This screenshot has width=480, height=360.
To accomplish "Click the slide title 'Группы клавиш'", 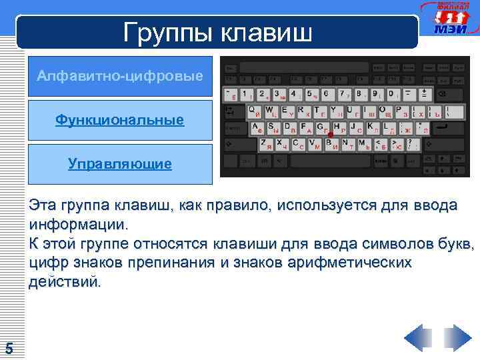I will [x=217, y=32].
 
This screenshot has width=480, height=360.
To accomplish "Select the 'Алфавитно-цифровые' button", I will [x=120, y=77].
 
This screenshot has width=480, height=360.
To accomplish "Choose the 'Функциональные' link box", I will [x=120, y=120].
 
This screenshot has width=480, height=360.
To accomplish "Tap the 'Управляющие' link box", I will [x=120, y=163].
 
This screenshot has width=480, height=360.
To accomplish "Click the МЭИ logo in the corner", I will [x=450, y=20].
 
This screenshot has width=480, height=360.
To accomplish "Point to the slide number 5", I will [x=9, y=348].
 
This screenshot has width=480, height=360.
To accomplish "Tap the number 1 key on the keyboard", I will [x=247, y=95].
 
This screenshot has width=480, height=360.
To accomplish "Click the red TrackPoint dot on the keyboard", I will [x=330, y=135].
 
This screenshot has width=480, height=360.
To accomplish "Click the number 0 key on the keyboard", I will [x=393, y=95].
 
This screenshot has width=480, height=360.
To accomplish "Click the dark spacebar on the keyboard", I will [x=327, y=161].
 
